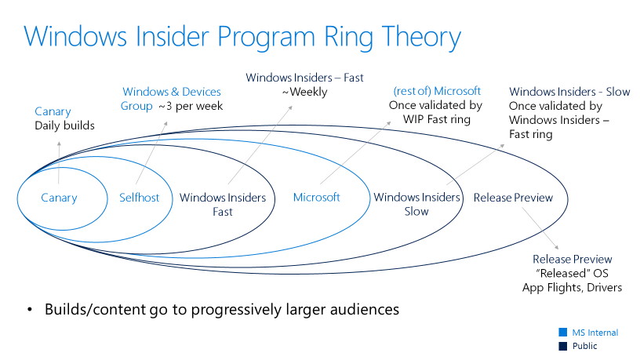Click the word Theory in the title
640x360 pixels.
pos(421,38)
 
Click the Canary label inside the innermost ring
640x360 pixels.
pos(59,198)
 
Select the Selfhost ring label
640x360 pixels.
pos(139,198)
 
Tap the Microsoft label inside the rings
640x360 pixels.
pos(316,197)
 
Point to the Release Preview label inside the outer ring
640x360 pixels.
pos(513,198)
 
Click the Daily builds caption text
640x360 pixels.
pos(64,125)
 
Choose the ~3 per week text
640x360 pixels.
pos(191,106)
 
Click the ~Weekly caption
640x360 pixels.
pos(304,92)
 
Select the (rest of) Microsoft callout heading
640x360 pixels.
pos(437,91)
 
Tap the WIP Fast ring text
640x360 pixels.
pos(437,119)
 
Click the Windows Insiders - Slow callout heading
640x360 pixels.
pos(569,92)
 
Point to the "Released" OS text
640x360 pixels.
pos(572,273)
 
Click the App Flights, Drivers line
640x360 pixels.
pos(572,287)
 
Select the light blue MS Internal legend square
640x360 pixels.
pos(563,332)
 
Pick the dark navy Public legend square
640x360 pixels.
pos(563,346)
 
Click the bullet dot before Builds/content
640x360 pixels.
pos(29,310)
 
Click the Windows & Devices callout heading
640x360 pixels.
pos(172,92)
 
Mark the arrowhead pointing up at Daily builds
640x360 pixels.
pos(59,144)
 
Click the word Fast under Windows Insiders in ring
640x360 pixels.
pos(223,212)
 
